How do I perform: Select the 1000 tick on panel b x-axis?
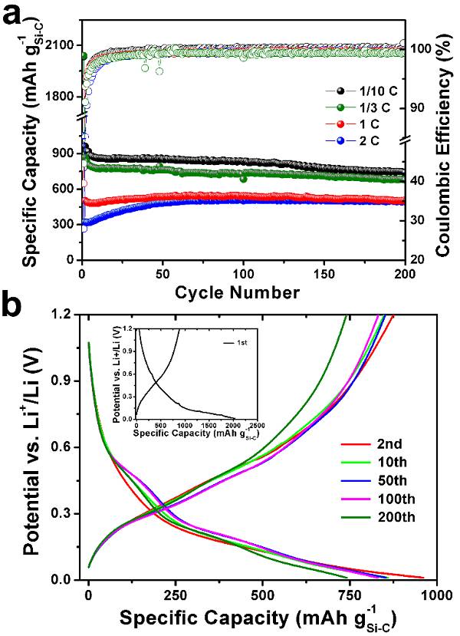[434, 595]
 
